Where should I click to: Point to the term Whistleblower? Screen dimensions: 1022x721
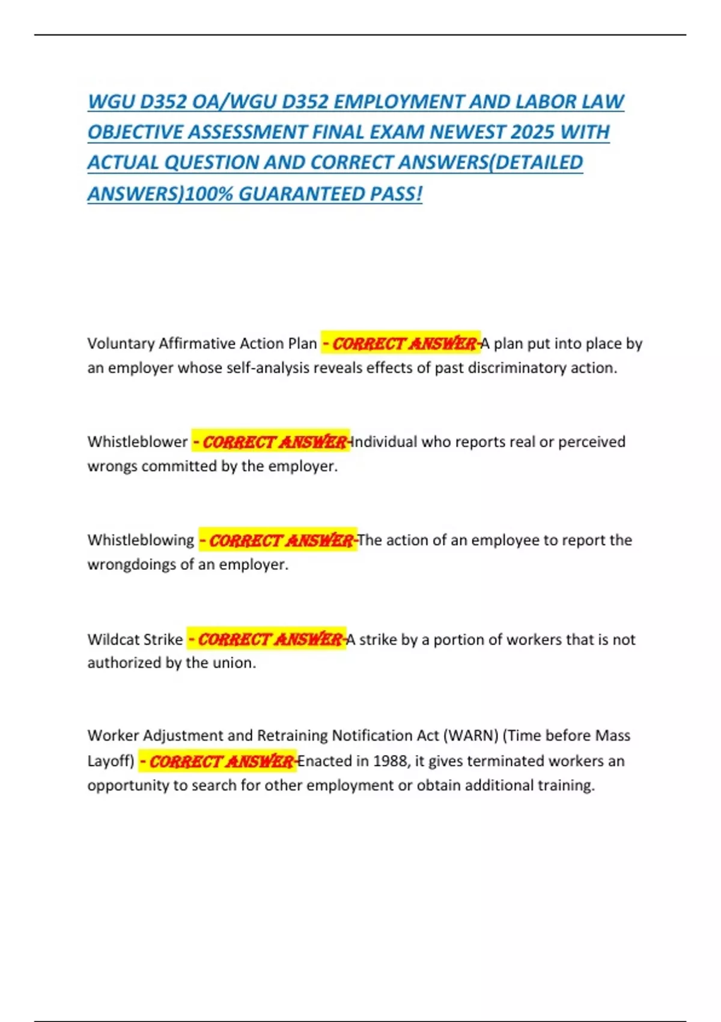138,442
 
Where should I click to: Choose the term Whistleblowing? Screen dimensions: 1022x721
141,540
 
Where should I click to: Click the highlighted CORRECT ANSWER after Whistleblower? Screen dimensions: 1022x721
271,442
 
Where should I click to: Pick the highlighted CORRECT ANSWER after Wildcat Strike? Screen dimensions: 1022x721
266,639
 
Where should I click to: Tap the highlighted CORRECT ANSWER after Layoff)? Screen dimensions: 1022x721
218,761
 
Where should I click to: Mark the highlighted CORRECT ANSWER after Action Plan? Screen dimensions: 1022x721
401,343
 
